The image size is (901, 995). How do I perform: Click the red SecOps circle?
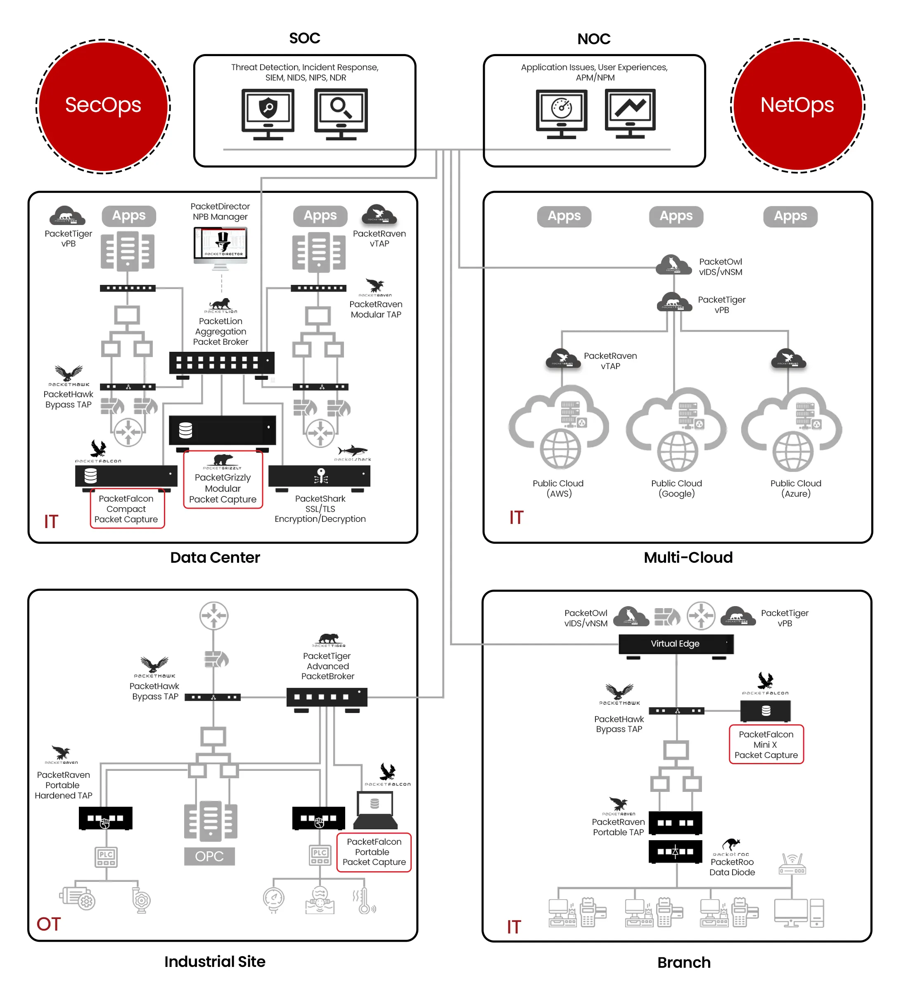[x=103, y=106]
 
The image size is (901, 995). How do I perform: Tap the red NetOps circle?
[x=797, y=106]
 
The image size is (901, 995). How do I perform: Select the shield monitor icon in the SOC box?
[x=268, y=113]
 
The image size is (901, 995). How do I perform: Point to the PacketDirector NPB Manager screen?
[x=220, y=243]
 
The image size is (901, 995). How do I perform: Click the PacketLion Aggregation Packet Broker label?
[x=220, y=331]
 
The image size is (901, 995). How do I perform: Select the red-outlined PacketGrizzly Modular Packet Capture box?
[x=223, y=480]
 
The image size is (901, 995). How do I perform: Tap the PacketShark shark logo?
[x=352, y=450]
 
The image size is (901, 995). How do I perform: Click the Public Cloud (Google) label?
[x=676, y=488]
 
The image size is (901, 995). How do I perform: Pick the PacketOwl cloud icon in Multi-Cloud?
[x=673, y=265]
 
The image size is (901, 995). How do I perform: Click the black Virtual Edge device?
[x=676, y=644]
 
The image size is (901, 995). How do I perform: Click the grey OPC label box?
[x=209, y=856]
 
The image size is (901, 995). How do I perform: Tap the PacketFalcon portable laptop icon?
[x=375, y=810]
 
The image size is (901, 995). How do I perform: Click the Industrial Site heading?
[x=214, y=962]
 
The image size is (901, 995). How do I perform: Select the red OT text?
[x=48, y=924]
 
